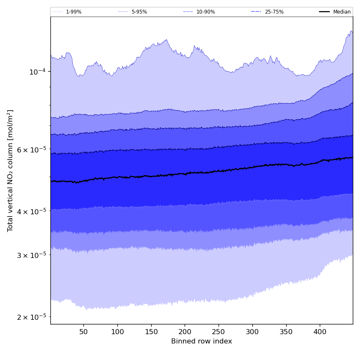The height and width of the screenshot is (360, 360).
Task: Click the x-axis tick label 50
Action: [x=83, y=332]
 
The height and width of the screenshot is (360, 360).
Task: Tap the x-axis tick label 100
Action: [x=117, y=332]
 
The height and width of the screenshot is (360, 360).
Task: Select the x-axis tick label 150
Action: [x=151, y=332]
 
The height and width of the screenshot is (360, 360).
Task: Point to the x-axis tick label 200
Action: [x=185, y=332]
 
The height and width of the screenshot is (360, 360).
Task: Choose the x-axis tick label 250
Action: [x=219, y=332]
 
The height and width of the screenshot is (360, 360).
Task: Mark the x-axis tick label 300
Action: [x=252, y=332]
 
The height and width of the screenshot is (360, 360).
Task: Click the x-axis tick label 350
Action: [x=286, y=332]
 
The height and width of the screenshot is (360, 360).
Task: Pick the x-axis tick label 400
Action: [x=320, y=332]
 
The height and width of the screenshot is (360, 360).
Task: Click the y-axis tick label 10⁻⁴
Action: [x=37, y=72]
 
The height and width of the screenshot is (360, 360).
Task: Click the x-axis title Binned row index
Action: [x=202, y=341]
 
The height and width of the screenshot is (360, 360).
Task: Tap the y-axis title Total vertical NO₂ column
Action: [x=11, y=171]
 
